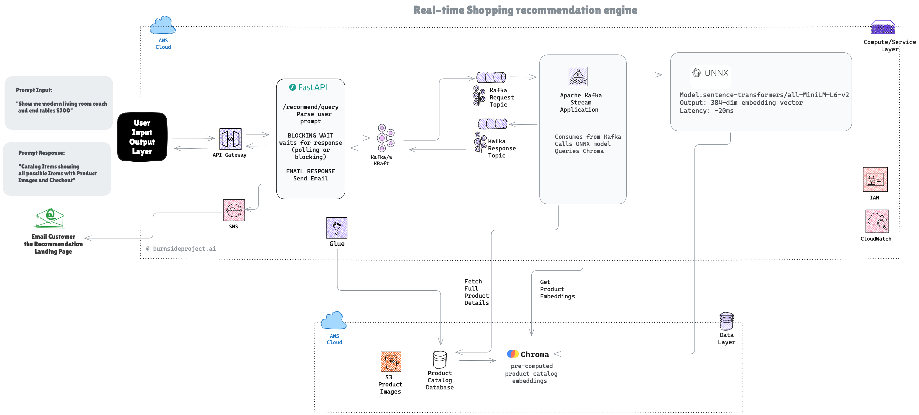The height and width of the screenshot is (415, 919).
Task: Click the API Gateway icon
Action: coord(230,139)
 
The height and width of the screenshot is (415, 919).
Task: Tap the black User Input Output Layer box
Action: coord(142,137)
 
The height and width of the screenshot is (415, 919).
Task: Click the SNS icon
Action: coord(234,210)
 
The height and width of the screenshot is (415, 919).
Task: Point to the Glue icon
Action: coord(336,228)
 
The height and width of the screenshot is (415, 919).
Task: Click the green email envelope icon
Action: coord(50,218)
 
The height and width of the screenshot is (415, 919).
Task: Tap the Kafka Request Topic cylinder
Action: coord(491,77)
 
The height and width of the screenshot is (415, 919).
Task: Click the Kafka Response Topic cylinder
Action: coord(492,124)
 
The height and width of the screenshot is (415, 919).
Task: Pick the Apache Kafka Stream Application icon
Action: coord(578,77)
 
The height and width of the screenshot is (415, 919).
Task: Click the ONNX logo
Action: coord(710,73)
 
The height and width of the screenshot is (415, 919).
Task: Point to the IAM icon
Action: coord(875,180)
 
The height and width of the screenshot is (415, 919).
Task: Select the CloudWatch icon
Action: coord(877,221)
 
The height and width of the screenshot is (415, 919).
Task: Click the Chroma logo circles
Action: coord(513,354)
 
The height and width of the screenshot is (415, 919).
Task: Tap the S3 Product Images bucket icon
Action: coord(391,362)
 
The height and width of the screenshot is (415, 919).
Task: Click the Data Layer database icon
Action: coord(726,321)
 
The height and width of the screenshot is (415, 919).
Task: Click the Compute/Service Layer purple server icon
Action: coord(882,27)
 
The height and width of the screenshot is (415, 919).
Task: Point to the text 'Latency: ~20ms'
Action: coord(706,111)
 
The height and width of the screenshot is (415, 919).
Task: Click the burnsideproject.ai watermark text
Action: coord(181,249)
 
